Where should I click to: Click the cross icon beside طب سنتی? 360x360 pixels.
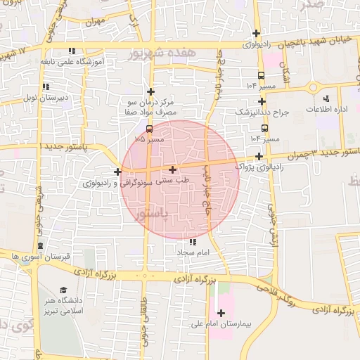[x=173, y=169]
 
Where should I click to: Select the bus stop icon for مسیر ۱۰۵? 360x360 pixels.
[x=149, y=129]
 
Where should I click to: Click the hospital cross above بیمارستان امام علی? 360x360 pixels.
[x=221, y=313]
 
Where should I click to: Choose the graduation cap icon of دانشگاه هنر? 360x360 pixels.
[x=64, y=290]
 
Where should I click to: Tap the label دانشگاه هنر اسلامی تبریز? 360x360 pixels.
[x=64, y=305]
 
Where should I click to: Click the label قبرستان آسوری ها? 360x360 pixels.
[x=40, y=257]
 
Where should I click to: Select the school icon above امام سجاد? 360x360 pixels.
[x=194, y=242]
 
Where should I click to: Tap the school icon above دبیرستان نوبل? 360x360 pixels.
[x=46, y=86]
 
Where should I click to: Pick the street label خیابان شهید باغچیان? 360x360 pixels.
[x=319, y=44]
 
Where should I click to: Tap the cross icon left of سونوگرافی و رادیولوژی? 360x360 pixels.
[x=117, y=172]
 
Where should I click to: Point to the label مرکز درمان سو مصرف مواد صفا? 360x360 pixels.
[x=150, y=108]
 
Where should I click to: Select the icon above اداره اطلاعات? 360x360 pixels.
[x=326, y=98]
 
